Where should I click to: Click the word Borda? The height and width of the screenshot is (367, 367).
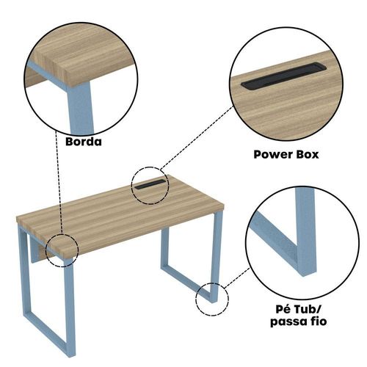84,142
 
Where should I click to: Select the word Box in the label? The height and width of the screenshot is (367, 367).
308,155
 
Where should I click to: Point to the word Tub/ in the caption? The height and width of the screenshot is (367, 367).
307,309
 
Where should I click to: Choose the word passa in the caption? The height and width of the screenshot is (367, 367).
288,321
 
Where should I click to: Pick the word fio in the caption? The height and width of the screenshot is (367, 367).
318,321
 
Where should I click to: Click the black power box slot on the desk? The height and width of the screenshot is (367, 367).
150,184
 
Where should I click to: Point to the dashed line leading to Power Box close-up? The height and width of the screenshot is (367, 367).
197,137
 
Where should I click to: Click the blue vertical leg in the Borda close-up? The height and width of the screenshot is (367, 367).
81,108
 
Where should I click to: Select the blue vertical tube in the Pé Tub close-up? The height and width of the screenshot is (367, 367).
306,233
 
